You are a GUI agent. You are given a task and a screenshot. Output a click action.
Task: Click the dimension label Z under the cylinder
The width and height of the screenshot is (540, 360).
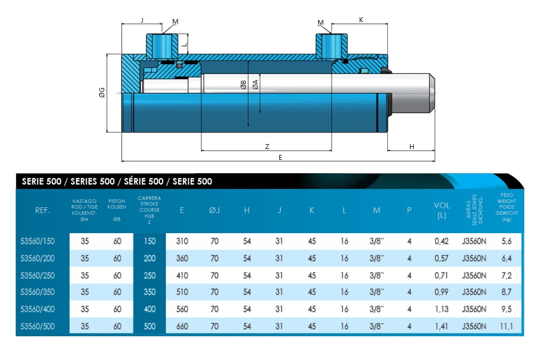pyautogui.click(x=267, y=146)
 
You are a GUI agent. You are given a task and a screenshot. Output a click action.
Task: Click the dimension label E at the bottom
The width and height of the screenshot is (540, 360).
pyautogui.click(x=280, y=157)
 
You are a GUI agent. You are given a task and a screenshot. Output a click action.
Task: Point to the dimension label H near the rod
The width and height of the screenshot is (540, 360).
pyautogui.click(x=411, y=146)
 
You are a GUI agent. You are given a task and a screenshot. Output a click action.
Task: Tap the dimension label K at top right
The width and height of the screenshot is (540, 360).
pyautogui.click(x=361, y=20)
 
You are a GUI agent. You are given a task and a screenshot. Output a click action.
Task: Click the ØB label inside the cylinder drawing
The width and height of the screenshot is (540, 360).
pyautogui.click(x=244, y=85)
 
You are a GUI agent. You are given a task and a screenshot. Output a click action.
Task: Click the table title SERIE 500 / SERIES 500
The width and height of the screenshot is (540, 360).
pyautogui.click(x=117, y=182)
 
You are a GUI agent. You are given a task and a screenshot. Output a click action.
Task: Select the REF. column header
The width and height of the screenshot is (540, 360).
pyautogui.click(x=43, y=210)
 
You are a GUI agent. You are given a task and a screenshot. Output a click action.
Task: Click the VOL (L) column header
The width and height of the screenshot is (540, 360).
pyautogui.click(x=442, y=210)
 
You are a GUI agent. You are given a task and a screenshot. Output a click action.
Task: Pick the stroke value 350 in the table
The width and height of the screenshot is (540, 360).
pyautogui.click(x=150, y=293)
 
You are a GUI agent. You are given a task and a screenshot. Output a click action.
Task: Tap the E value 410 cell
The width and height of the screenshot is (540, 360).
pyautogui.click(x=183, y=275)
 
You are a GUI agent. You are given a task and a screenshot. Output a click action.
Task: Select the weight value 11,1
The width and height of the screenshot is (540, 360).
pyautogui.click(x=507, y=327)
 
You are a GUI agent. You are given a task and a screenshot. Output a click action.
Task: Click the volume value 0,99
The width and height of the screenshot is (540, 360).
pyautogui.click(x=442, y=293)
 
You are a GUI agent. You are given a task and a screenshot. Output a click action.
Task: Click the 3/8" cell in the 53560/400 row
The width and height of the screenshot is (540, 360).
pyautogui.click(x=376, y=309)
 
